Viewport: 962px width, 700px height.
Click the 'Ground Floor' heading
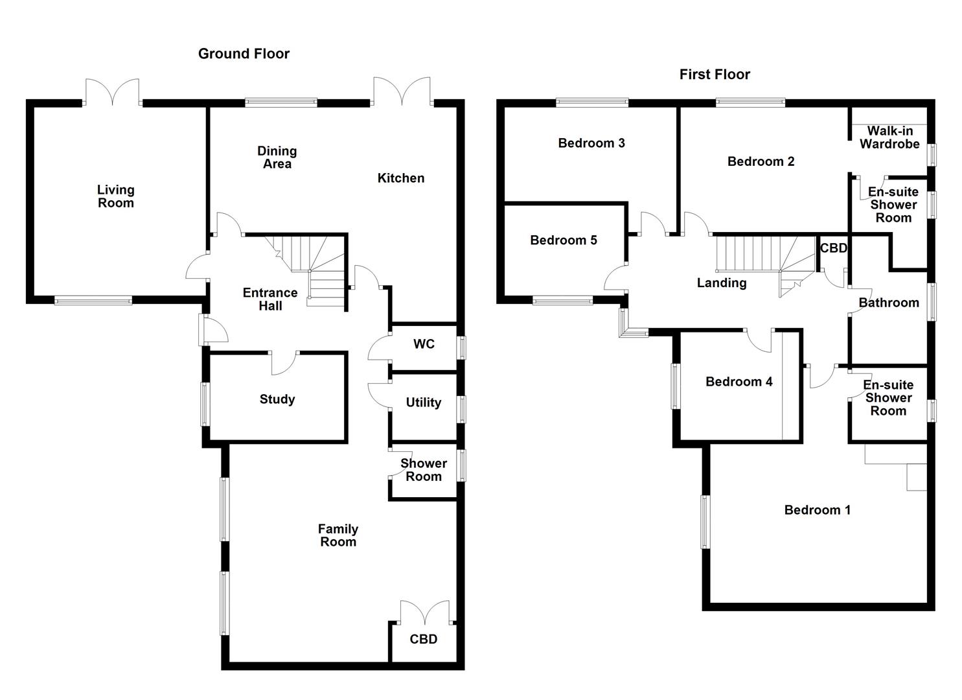tap(244, 54)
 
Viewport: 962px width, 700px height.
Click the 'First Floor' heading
tap(715, 75)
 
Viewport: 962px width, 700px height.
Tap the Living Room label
tap(116, 196)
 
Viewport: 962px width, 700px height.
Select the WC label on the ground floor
tap(424, 344)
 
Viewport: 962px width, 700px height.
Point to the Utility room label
tap(423, 402)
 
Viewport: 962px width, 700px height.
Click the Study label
tap(277, 399)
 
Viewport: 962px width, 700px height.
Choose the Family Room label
tap(338, 536)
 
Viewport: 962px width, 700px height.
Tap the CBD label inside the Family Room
tap(423, 639)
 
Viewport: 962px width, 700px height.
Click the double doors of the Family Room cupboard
tap(424, 613)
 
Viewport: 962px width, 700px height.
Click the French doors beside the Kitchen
tap(402, 91)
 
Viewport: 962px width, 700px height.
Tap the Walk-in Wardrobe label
tap(889, 137)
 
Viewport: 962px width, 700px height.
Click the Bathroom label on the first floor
tap(888, 303)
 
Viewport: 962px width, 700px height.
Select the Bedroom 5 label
tap(563, 240)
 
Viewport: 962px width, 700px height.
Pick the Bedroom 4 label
tap(739, 382)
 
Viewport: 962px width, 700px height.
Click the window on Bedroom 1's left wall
tap(705, 522)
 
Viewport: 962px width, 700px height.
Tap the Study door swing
tap(284, 363)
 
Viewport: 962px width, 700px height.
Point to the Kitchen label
tap(401, 178)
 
